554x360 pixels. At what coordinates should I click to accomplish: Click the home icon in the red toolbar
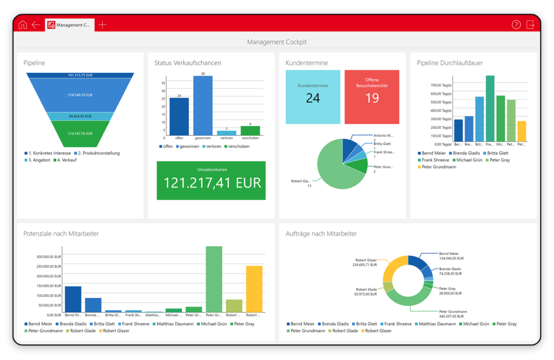pyautogui.click(x=23, y=24)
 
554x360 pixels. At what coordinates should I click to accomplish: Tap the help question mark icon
pyautogui.click(x=516, y=24)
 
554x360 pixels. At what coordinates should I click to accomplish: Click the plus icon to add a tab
pyautogui.click(x=102, y=24)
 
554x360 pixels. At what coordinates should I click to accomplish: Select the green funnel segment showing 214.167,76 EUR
pyautogui.click(x=80, y=134)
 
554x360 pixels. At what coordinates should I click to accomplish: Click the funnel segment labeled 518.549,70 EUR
pyautogui.click(x=80, y=95)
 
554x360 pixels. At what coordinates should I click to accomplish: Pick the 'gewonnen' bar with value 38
pyautogui.click(x=203, y=105)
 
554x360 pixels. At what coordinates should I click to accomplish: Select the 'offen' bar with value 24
pyautogui.click(x=179, y=116)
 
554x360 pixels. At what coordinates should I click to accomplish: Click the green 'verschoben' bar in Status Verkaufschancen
pyautogui.click(x=250, y=130)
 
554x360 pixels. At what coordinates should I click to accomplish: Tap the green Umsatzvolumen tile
pyautogui.click(x=212, y=181)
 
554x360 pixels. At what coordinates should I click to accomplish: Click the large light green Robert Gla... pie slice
pyautogui.click(x=335, y=168)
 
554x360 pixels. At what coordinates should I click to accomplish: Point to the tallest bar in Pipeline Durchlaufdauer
pyautogui.click(x=490, y=108)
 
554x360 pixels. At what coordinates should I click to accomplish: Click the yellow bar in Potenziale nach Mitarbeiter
pyautogui.click(x=254, y=289)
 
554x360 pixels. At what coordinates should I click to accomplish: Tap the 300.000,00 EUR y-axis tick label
pyautogui.click(x=49, y=257)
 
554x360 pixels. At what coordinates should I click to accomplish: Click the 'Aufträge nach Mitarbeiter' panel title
pyautogui.click(x=321, y=234)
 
